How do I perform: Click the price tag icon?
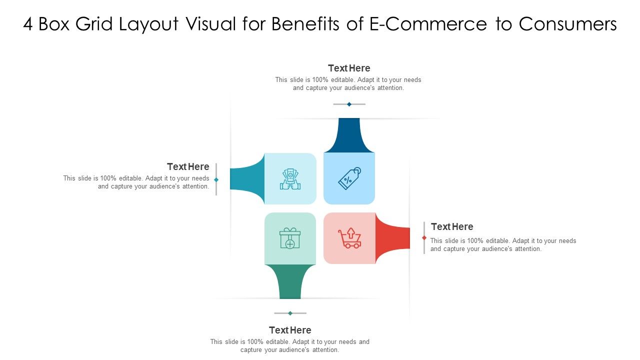(x=349, y=178)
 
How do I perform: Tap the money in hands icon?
(x=290, y=179)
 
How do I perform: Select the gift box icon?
(x=290, y=238)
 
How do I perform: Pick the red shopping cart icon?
(x=349, y=238)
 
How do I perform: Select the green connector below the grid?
(x=290, y=282)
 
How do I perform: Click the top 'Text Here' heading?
(x=349, y=68)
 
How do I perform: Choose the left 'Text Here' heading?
(x=188, y=166)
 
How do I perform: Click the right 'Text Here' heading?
(x=452, y=226)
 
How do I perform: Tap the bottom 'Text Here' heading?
(x=290, y=330)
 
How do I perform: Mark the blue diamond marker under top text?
(x=349, y=104)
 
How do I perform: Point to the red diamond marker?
(x=424, y=238)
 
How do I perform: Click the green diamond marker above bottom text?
(x=290, y=313)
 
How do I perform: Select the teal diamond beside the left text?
(x=216, y=179)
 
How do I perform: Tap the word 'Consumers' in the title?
(x=568, y=24)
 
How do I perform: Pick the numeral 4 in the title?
(x=28, y=24)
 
